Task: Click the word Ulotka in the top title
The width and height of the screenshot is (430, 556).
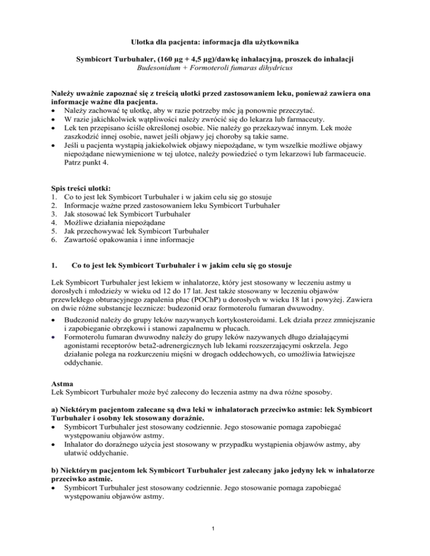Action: pos(145,41)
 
